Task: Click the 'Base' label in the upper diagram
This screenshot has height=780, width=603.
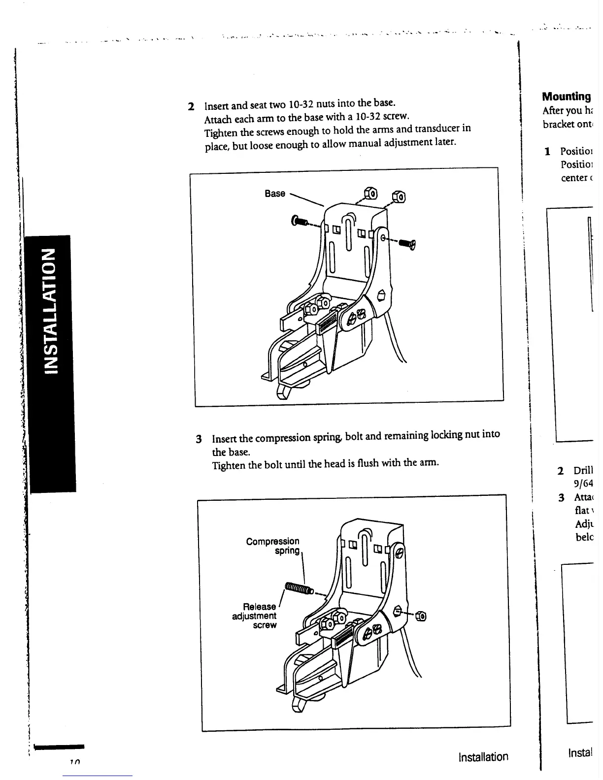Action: [274, 194]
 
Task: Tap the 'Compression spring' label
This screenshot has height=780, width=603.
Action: [272, 546]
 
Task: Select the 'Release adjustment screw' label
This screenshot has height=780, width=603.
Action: [255, 616]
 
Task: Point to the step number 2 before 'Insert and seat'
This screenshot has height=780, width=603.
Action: [191, 106]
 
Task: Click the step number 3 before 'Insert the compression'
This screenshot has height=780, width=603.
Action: [199, 439]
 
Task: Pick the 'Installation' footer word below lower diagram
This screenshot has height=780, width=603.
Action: [483, 757]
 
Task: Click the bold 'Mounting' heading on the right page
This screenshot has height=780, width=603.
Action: [566, 97]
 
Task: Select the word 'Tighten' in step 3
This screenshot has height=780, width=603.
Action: [227, 466]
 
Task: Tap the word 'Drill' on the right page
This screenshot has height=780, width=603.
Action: [583, 470]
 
